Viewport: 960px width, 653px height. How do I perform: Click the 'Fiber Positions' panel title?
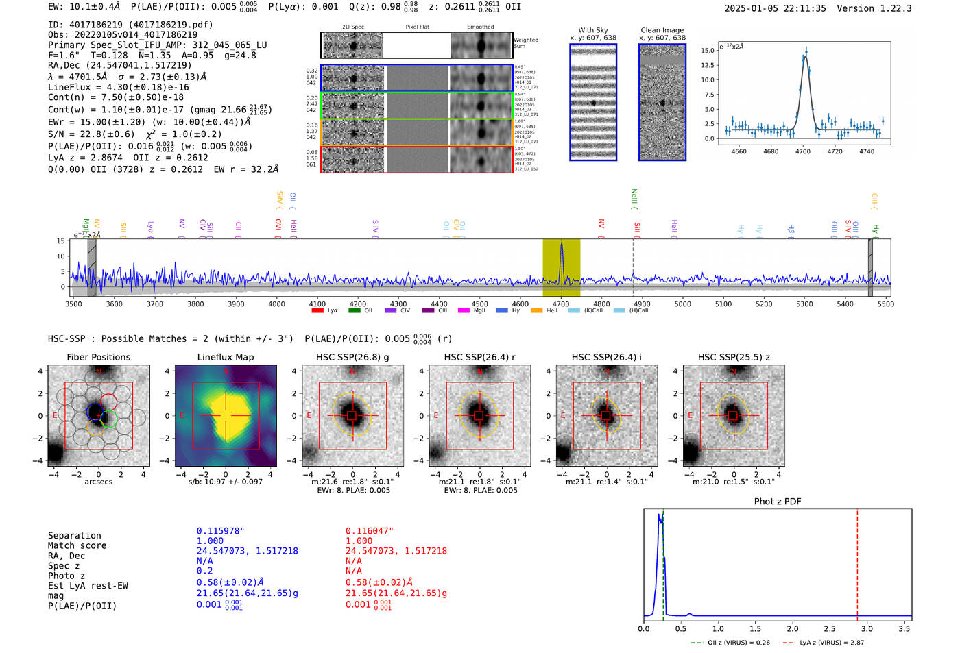tap(98, 357)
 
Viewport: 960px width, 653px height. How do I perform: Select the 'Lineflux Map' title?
tap(225, 357)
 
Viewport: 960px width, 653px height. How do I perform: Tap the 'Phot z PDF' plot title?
tap(778, 501)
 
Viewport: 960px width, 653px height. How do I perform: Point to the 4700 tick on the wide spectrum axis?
tap(561, 304)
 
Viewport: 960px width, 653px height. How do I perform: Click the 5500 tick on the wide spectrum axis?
tap(886, 304)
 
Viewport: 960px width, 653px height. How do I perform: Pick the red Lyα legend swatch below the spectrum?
tap(317, 310)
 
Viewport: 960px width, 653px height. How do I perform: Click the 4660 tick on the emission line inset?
tap(739, 151)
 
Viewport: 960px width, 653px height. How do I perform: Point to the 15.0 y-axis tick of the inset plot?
tap(707, 51)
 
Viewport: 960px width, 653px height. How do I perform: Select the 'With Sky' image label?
tap(592, 30)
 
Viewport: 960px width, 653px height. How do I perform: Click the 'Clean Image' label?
tap(662, 30)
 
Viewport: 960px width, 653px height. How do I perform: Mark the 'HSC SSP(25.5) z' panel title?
tap(734, 357)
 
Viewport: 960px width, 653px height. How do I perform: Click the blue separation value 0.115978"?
tap(220, 531)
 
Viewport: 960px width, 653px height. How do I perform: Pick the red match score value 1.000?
tap(359, 541)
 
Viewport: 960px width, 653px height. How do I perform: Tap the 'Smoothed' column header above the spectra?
tap(480, 27)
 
